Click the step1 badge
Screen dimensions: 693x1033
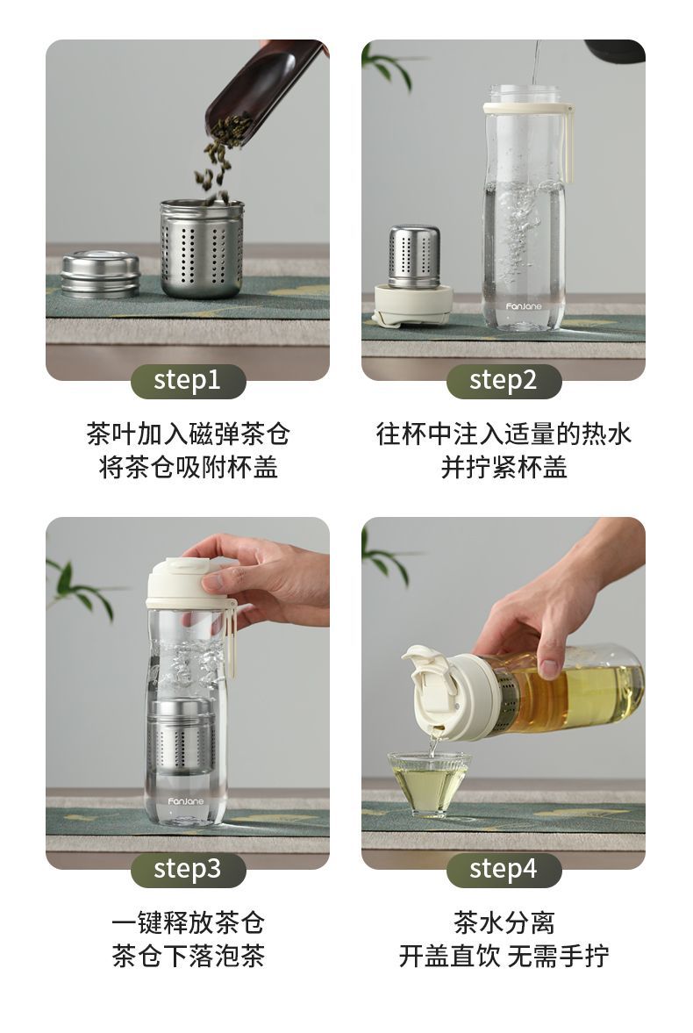188,381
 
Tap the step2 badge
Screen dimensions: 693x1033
504,381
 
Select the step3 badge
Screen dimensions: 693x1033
188,869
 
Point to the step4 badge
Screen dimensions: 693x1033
504,869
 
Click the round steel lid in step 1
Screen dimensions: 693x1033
100,274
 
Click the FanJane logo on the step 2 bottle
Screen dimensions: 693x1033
524,306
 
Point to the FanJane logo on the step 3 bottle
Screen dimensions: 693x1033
186,801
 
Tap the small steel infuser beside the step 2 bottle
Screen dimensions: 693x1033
414,257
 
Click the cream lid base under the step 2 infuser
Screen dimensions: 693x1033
412,305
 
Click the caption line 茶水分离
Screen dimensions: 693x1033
504,922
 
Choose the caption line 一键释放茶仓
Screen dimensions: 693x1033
188,922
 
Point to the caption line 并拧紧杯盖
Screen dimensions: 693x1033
504,467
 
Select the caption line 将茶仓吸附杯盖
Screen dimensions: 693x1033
188,467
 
